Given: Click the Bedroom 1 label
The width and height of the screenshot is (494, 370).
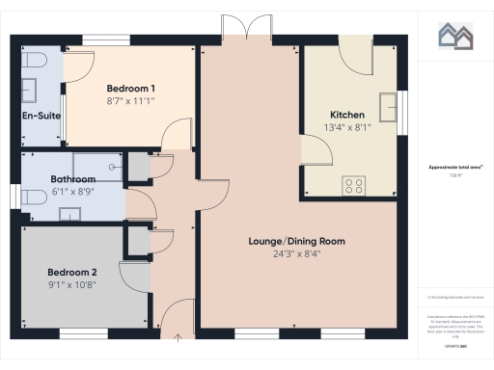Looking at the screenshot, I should pyautogui.click(x=131, y=88).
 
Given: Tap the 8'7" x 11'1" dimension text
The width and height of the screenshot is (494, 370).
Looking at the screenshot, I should pyautogui.click(x=131, y=100).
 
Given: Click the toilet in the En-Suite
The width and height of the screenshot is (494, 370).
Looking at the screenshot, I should pyautogui.click(x=36, y=61).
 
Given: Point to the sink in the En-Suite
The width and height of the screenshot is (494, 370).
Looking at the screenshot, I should pyautogui.click(x=29, y=89).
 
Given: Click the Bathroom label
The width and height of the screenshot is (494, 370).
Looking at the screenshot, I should pyautogui.click(x=73, y=179).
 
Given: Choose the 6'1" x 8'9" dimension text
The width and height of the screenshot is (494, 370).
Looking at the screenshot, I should pyautogui.click(x=73, y=192).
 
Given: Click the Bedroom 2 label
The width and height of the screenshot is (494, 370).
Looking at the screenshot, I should pyautogui.click(x=73, y=271).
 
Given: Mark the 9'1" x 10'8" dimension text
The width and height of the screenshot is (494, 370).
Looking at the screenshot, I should pyautogui.click(x=73, y=284).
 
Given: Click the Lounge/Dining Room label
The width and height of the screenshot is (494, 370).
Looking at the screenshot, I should pyautogui.click(x=297, y=241).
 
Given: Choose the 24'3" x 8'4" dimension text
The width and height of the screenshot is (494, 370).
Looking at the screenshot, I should pyautogui.click(x=297, y=253).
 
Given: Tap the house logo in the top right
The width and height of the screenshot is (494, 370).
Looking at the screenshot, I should pyautogui.click(x=454, y=36).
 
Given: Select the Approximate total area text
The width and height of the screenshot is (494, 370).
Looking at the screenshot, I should pyautogui.click(x=454, y=168).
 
